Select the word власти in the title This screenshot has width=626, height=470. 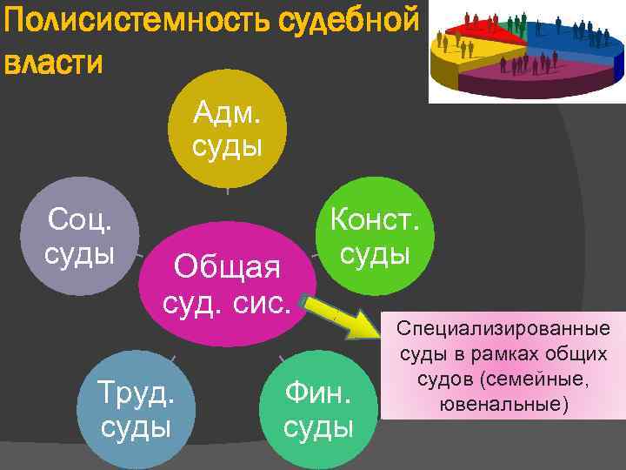click(x=54, y=63)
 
